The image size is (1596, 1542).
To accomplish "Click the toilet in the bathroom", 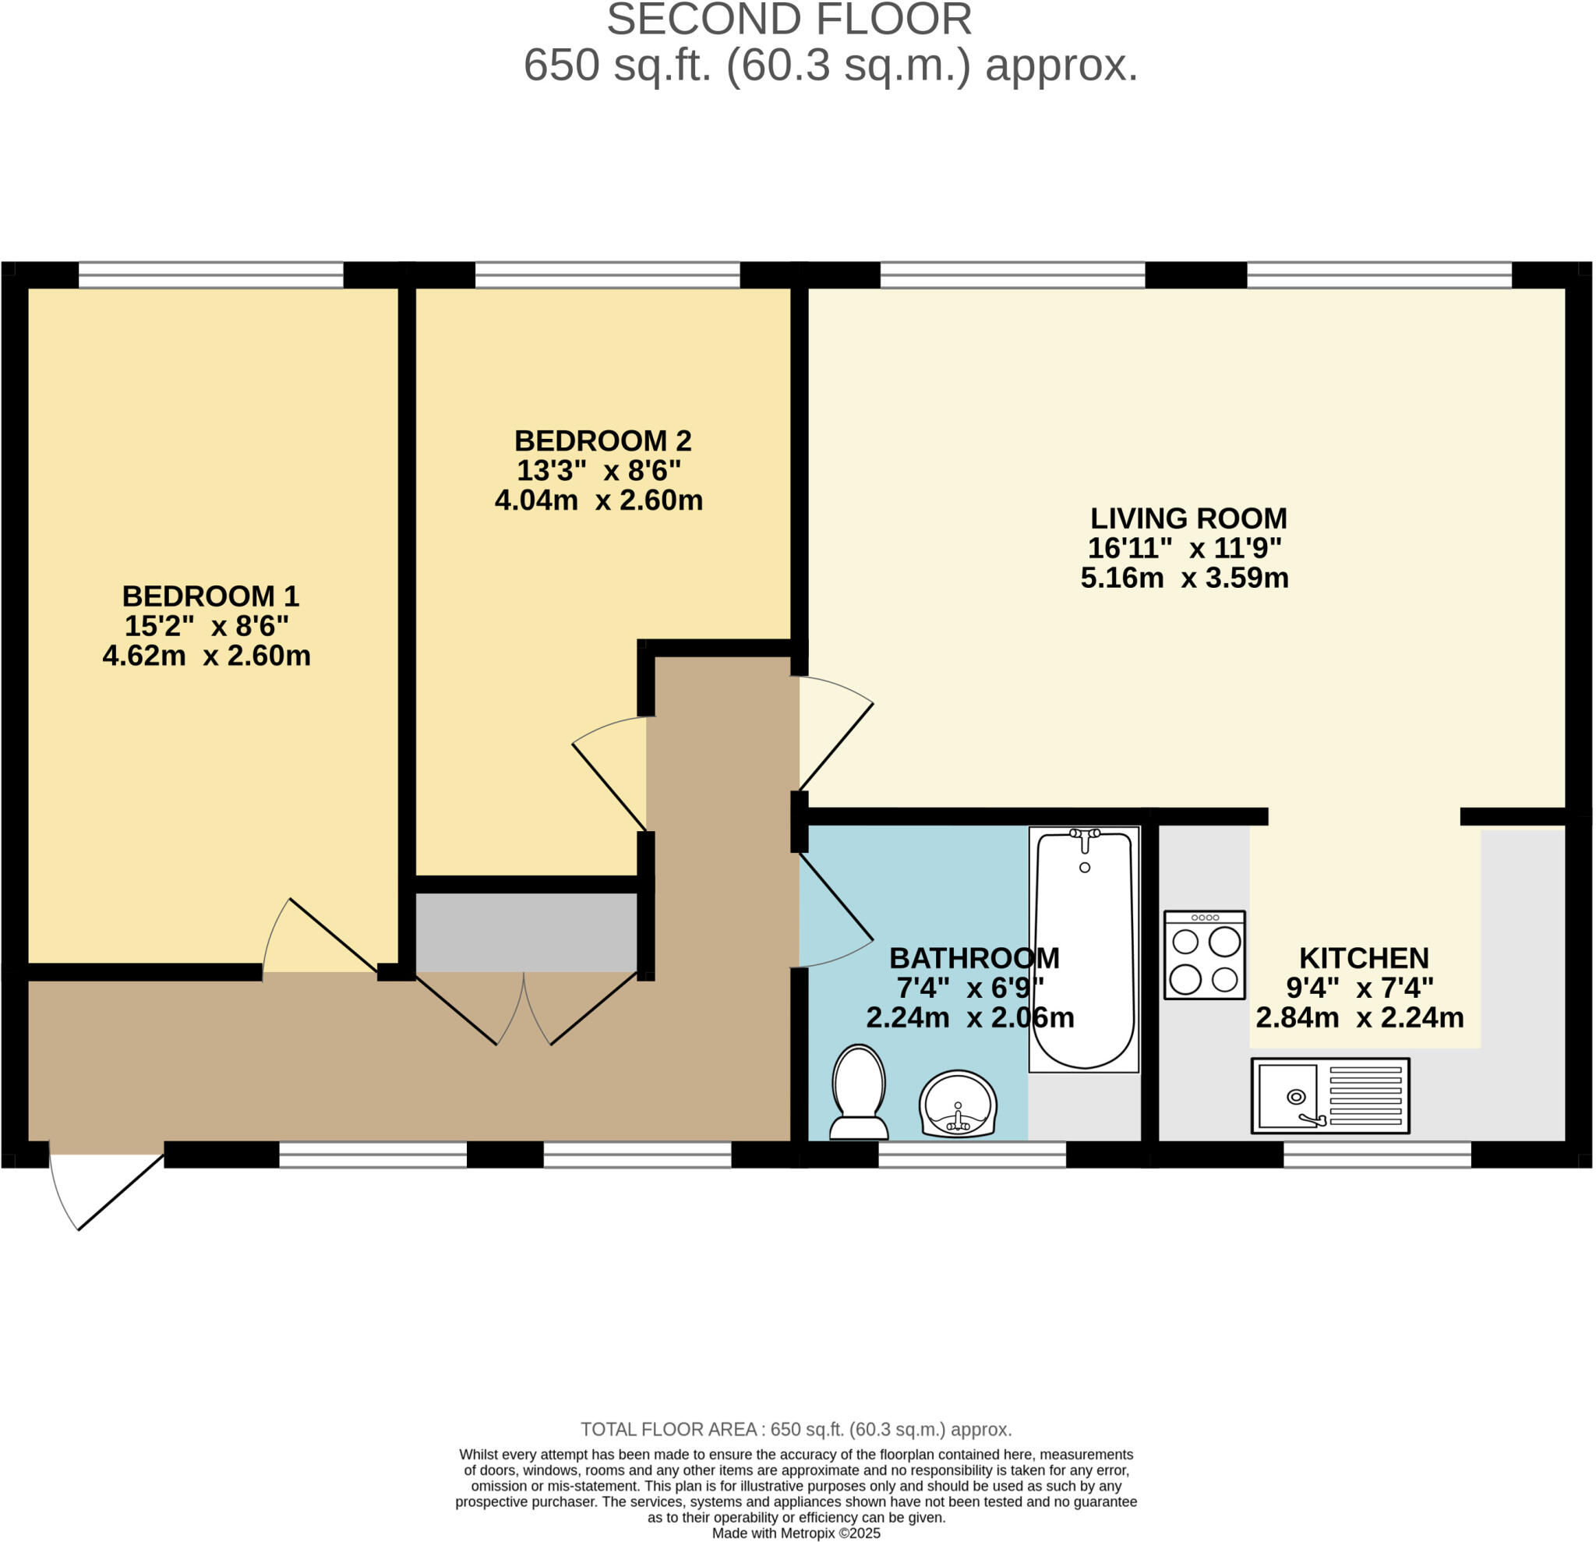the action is pyautogui.click(x=859, y=1093).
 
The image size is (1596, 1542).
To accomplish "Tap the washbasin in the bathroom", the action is pyautogui.click(x=959, y=1104).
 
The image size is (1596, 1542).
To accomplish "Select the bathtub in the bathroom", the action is pyautogui.click(x=1084, y=949).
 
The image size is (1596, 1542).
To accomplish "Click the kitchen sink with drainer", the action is pyautogui.click(x=1330, y=1095).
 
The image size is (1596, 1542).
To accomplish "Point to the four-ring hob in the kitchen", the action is pyautogui.click(x=1205, y=955).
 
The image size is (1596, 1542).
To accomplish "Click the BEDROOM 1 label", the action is pyautogui.click(x=211, y=596).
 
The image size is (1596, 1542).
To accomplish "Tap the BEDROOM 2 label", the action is pyautogui.click(x=603, y=440).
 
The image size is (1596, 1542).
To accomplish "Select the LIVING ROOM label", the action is pyautogui.click(x=1189, y=518).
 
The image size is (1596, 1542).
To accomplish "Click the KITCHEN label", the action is pyautogui.click(x=1364, y=957).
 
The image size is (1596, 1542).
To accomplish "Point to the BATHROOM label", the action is pyautogui.click(x=975, y=958).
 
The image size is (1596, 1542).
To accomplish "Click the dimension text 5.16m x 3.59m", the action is pyautogui.click(x=1185, y=578).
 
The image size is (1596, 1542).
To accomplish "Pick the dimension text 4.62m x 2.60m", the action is pyautogui.click(x=207, y=656).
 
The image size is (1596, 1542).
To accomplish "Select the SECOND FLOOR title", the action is pyautogui.click(x=789, y=19).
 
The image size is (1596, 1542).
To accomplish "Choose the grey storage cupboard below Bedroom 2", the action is pyautogui.click(x=527, y=932).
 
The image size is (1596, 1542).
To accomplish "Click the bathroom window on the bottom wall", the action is pyautogui.click(x=973, y=1155).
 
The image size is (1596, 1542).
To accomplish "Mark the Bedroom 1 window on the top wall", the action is pyautogui.click(x=211, y=275).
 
